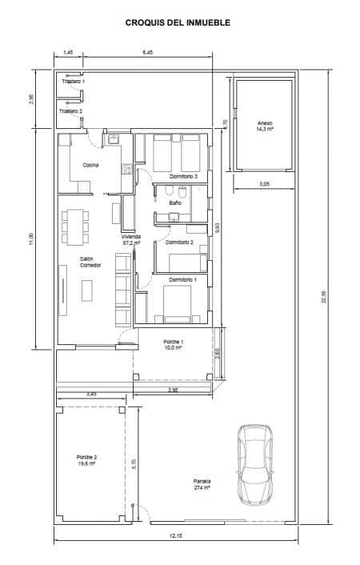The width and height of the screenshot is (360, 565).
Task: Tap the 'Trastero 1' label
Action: tap(72, 82)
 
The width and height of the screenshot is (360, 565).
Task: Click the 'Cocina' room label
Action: tap(90, 165)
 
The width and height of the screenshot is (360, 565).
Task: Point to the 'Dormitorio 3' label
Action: tap(183, 175)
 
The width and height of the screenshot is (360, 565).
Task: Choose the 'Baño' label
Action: tap(174, 203)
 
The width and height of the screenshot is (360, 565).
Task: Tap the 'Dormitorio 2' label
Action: tap(180, 241)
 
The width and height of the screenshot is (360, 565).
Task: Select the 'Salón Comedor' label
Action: tap(90, 262)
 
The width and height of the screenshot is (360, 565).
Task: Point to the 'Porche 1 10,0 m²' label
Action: tap(171, 345)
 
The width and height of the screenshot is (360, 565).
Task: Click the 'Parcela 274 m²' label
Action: tap(202, 484)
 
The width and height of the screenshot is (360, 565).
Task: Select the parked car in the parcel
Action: tap(255, 464)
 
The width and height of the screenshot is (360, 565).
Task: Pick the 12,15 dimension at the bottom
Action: tap(177, 535)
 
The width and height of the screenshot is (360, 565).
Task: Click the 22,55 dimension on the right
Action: tap(323, 296)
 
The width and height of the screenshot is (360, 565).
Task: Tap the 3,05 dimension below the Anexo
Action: tap(263, 184)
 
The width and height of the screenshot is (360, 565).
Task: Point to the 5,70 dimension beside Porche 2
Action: tap(134, 462)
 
